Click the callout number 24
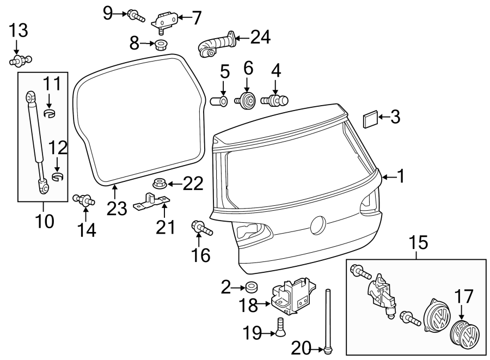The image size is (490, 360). tap(260, 37)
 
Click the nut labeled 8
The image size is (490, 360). tap(161, 44)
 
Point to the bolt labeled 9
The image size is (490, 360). tap(134, 16)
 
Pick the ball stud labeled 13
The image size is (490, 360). tap(21, 60)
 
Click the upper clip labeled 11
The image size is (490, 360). tap(50, 113)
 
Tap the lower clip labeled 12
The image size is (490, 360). tap(58, 176)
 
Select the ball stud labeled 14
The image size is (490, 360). tap(85, 200)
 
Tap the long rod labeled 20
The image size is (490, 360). tap(329, 321)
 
